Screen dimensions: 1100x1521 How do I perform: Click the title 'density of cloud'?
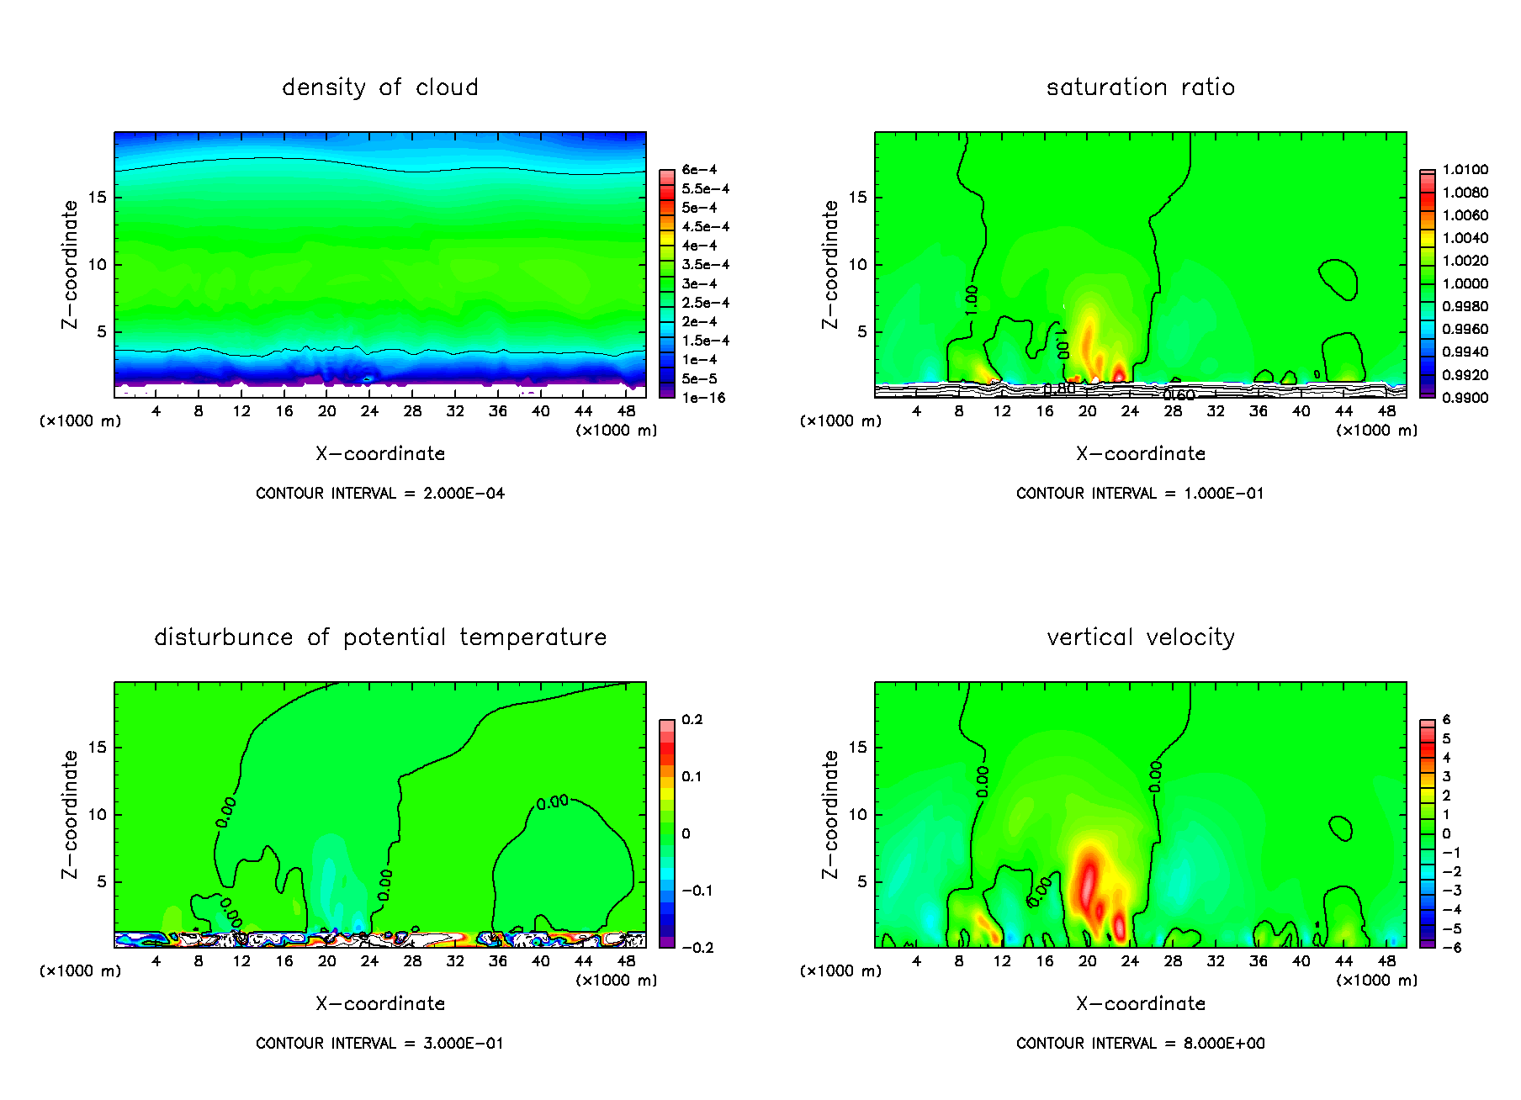point(379,87)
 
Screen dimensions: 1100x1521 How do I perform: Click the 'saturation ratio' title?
point(1140,87)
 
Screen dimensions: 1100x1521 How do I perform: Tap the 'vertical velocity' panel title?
point(1140,637)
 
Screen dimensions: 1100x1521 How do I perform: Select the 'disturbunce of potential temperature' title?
point(379,637)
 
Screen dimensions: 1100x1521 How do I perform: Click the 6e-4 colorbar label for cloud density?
point(699,170)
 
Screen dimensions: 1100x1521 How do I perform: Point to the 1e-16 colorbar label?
point(703,398)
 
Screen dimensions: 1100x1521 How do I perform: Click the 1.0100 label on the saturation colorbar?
point(1465,170)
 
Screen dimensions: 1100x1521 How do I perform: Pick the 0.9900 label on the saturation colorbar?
point(1465,398)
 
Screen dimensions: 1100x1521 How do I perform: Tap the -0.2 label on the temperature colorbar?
point(697,948)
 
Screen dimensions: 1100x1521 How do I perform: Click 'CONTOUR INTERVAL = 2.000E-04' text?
point(379,494)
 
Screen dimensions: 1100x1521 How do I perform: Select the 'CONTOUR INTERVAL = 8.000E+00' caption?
point(1140,1044)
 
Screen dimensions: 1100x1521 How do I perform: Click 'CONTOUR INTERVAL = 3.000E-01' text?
point(379,1044)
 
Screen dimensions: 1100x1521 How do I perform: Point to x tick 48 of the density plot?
point(626,411)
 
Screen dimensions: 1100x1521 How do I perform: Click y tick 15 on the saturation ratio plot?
point(856,198)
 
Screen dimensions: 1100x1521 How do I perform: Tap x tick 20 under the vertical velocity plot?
point(1087,961)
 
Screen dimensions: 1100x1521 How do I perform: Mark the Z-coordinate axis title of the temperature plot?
point(69,814)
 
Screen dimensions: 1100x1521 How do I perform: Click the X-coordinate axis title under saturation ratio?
point(1140,454)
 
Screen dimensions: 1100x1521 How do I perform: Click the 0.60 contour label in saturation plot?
point(1179,394)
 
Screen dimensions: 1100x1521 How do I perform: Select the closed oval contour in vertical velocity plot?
point(1340,828)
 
